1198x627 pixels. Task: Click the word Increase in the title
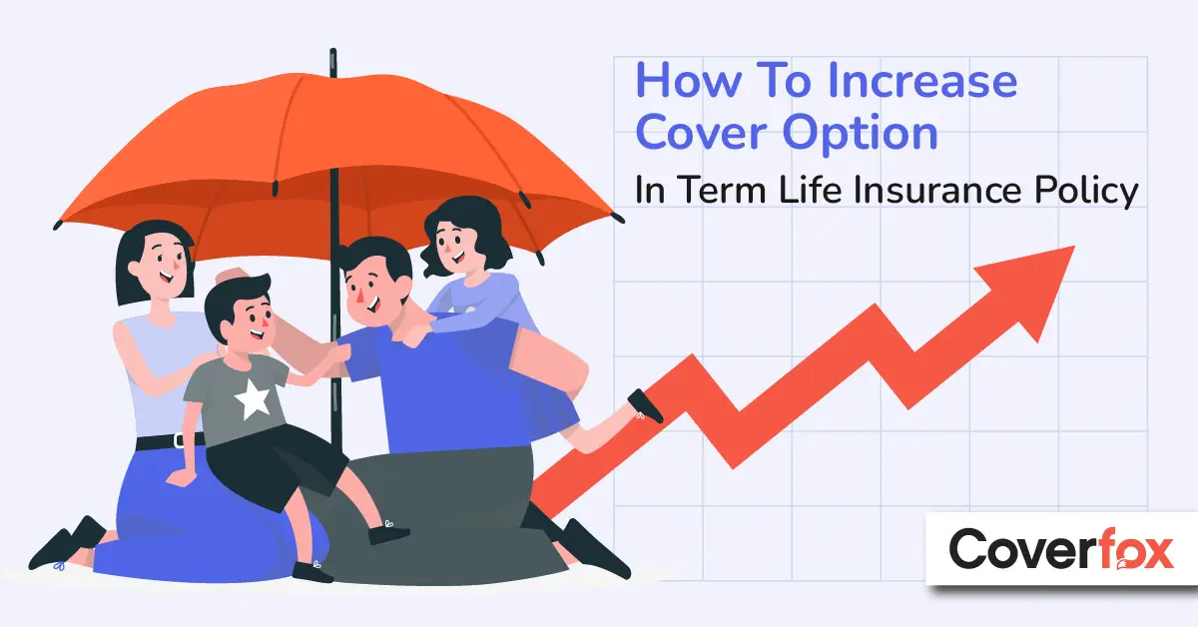(922, 80)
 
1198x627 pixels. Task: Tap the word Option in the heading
(861, 134)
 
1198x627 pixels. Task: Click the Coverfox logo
(1061, 549)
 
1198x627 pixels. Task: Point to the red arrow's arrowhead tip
(1074, 247)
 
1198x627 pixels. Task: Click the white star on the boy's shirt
(252, 398)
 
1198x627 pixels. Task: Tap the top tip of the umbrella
(333, 50)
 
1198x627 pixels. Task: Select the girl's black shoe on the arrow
(645, 406)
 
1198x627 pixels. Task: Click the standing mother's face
(163, 267)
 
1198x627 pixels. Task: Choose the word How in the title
(688, 80)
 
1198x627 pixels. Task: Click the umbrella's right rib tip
(619, 219)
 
